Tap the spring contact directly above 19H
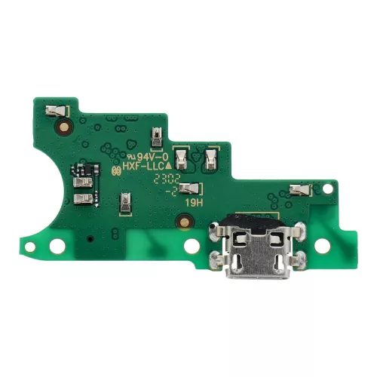point(192,188)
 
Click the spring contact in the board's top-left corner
point(56,112)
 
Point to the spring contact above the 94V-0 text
point(155,136)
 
